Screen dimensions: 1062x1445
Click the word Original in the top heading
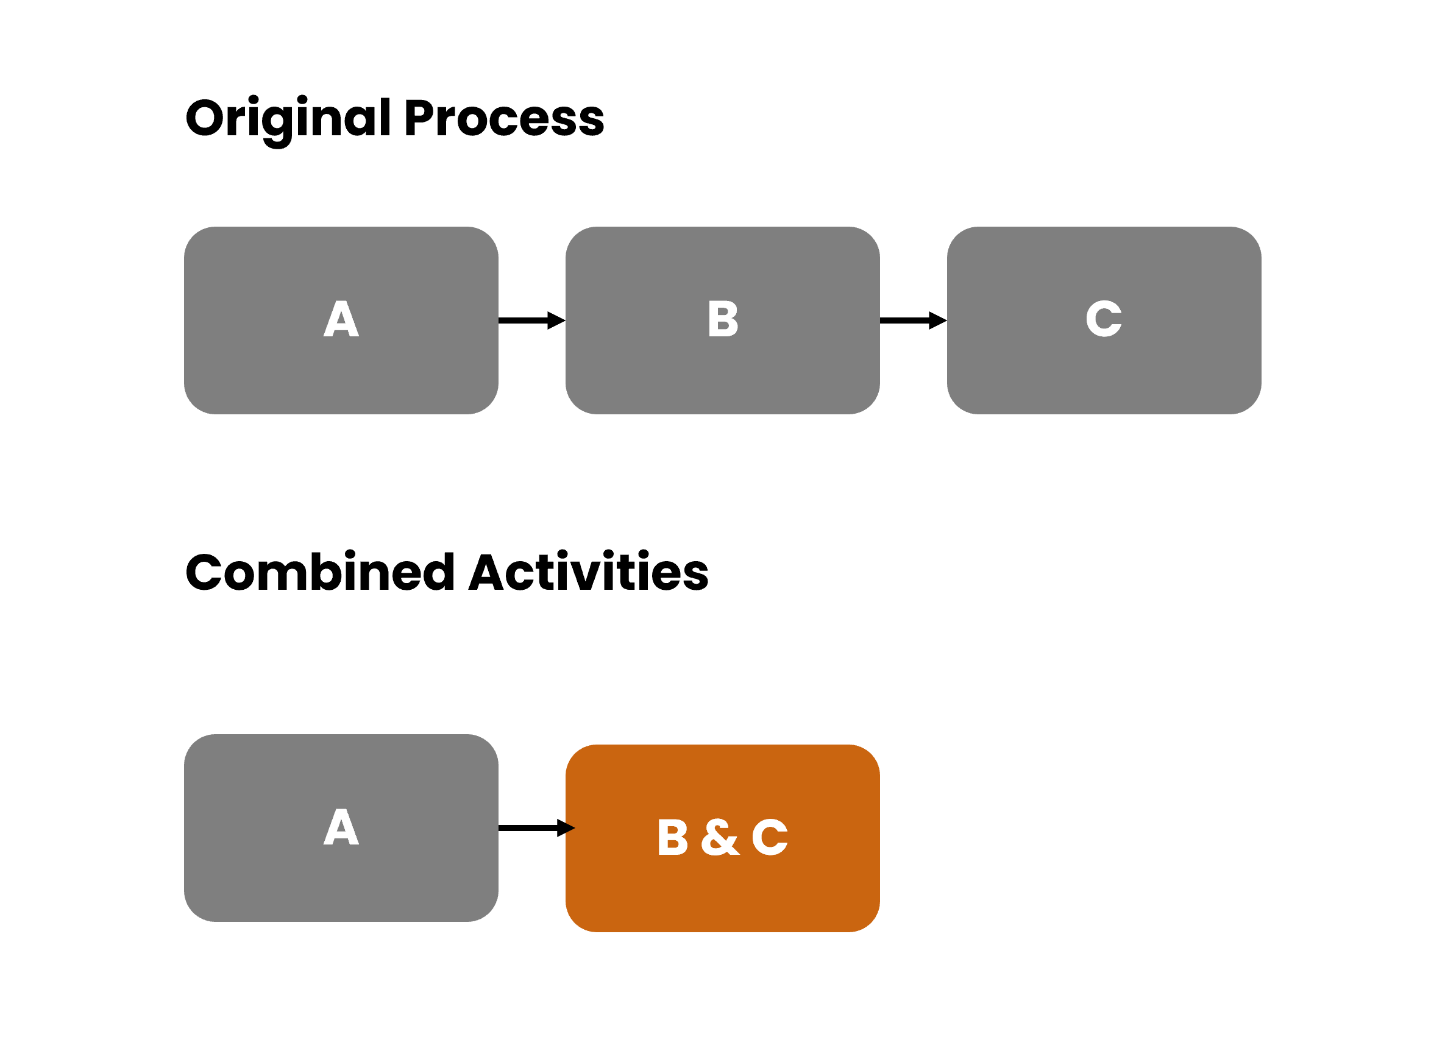click(x=288, y=119)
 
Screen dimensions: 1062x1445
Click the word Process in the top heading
click(x=504, y=119)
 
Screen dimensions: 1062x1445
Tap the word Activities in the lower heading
click(x=588, y=572)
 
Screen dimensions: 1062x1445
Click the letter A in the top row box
click(x=341, y=319)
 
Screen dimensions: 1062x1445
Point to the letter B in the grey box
click(x=723, y=319)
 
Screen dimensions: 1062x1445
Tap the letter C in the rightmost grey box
click(x=1104, y=319)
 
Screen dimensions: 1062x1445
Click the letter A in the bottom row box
click(x=341, y=827)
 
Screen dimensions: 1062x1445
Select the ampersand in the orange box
click(x=720, y=838)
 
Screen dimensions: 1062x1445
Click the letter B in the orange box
click(x=673, y=838)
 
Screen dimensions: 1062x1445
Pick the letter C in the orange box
click(x=770, y=838)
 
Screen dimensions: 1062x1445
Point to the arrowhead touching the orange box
click(x=566, y=828)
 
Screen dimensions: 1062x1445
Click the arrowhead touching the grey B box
click(x=556, y=320)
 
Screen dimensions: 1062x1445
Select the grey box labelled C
click(x=1104, y=379)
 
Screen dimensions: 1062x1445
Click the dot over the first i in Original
click(x=254, y=100)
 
